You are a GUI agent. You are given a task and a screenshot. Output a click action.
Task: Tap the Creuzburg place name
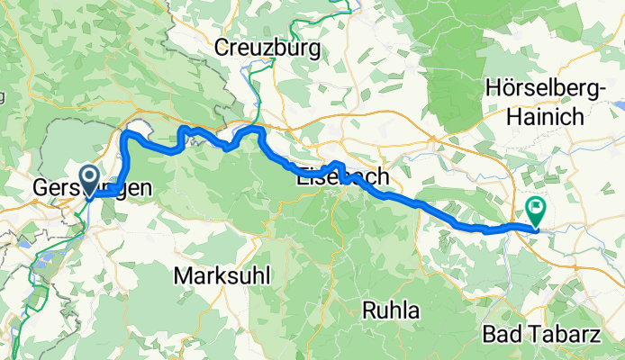click(267, 47)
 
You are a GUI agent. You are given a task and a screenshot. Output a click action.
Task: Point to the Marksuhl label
click(223, 274)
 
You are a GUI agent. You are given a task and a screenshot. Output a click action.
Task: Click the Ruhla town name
click(392, 310)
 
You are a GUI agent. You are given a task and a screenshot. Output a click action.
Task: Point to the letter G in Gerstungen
click(40, 189)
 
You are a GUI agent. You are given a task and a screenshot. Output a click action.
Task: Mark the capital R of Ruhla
click(368, 310)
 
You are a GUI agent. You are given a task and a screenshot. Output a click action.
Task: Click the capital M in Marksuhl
click(184, 274)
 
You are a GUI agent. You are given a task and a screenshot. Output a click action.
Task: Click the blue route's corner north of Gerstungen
click(126, 135)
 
